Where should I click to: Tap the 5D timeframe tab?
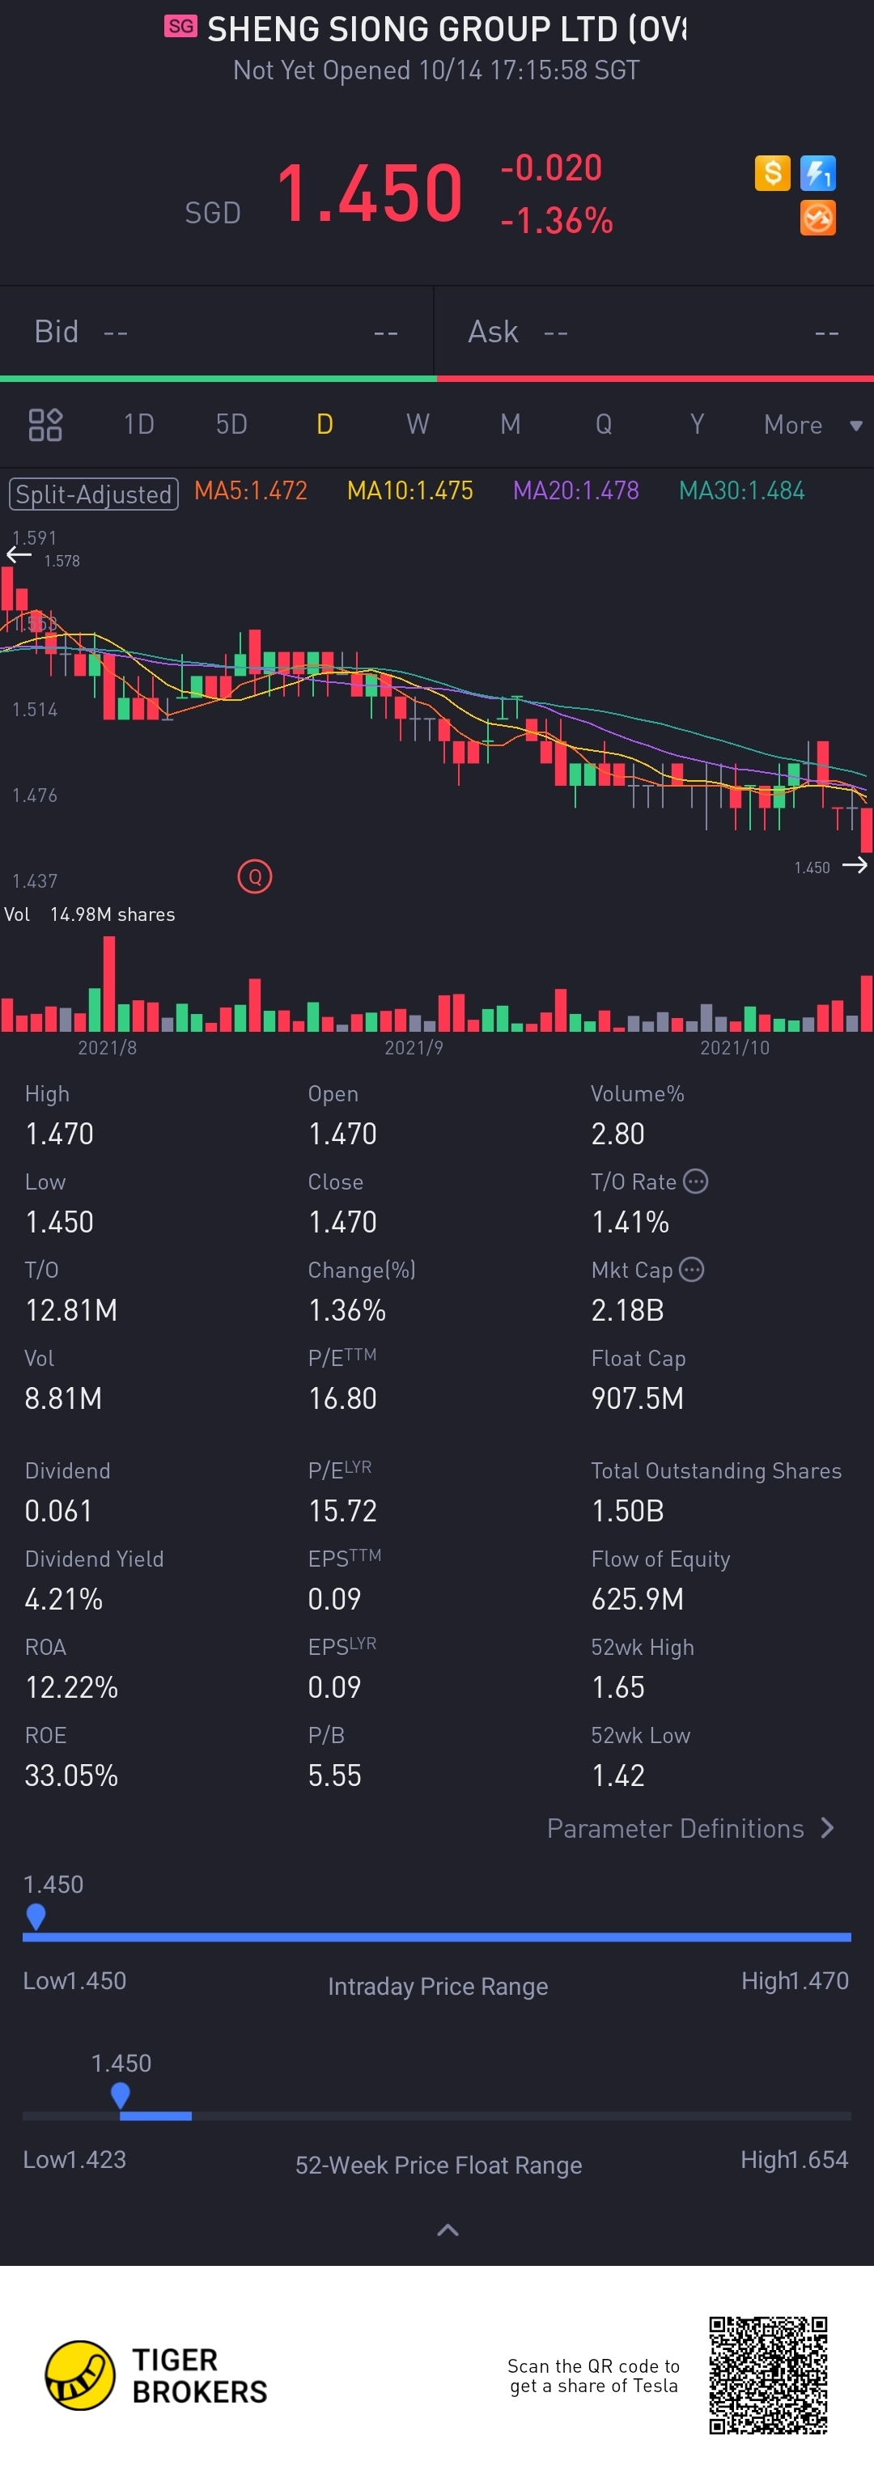[231, 425]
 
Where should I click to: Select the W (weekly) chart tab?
[417, 425]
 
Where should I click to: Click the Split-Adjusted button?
[94, 494]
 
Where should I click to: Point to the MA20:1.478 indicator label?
[576, 491]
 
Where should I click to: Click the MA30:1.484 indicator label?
[742, 491]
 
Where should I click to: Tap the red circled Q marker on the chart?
[255, 876]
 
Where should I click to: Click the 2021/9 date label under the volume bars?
[414, 1048]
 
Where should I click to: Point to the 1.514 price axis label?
[35, 711]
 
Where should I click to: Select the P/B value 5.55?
[335, 1775]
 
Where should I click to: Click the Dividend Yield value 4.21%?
[64, 1599]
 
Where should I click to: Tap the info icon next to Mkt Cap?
[692, 1269]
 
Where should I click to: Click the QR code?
[768, 2375]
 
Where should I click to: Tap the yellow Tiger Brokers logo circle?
[80, 2375]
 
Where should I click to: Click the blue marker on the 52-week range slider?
[121, 2094]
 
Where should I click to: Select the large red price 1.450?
[370, 193]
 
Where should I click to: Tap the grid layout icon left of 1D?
[45, 425]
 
